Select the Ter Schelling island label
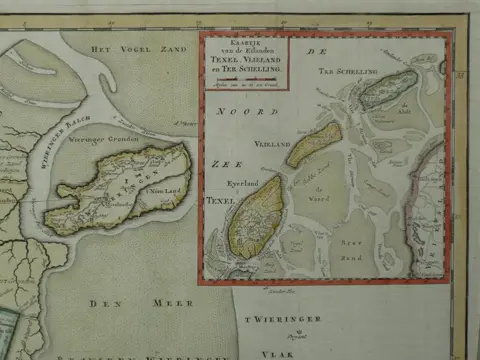349,72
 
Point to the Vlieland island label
274,145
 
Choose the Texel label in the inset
222,201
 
